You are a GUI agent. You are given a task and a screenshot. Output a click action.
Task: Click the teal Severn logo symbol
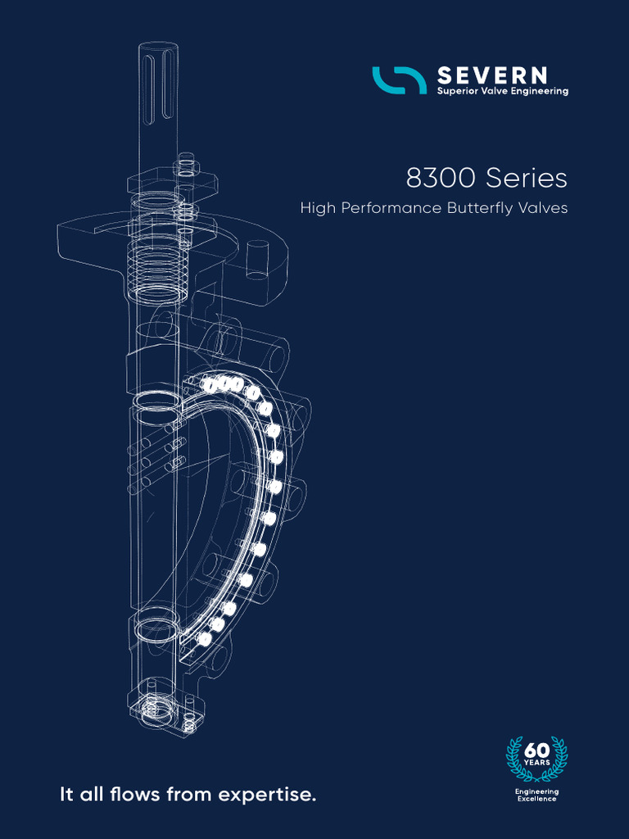click(399, 79)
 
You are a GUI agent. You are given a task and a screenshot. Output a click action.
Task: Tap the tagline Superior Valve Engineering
click(502, 92)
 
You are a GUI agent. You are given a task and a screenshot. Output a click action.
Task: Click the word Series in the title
click(527, 178)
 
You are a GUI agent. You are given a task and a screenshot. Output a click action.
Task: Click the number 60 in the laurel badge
click(536, 751)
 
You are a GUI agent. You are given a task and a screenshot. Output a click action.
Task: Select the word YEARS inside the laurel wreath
click(536, 764)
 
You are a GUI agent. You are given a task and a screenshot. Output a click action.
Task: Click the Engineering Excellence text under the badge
click(536, 795)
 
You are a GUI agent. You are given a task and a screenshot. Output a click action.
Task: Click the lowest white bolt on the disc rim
click(205, 637)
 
